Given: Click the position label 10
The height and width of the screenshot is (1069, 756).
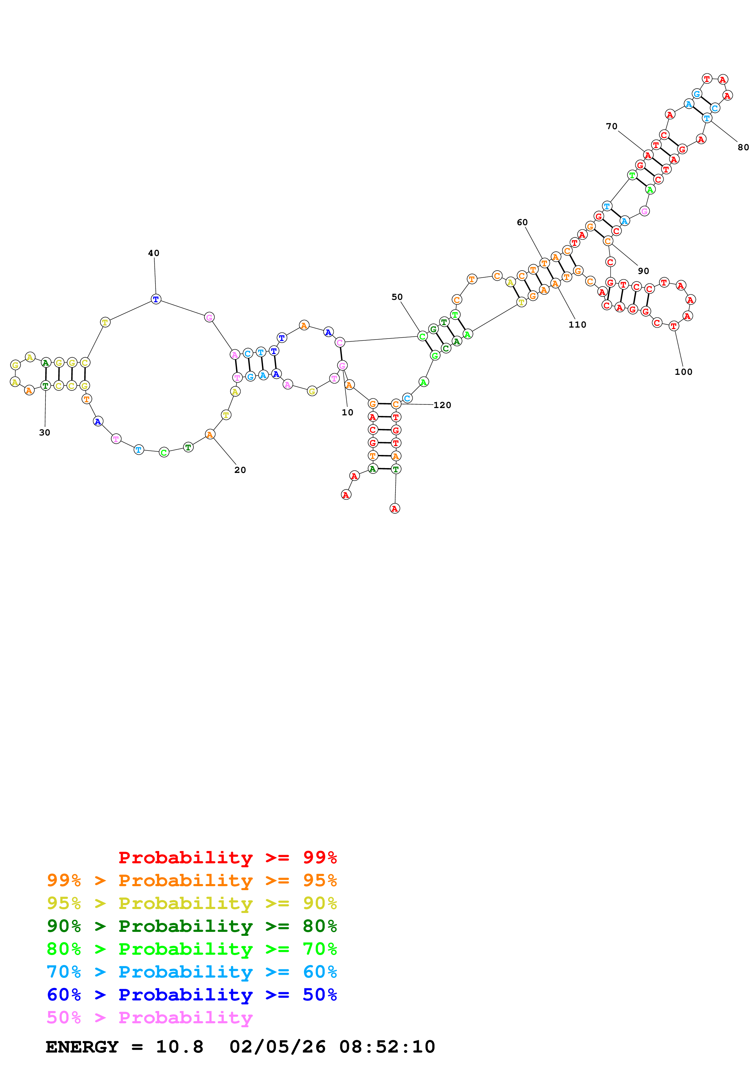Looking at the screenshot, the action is point(347,413).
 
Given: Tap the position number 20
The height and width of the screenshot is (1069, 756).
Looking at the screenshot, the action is point(240,470).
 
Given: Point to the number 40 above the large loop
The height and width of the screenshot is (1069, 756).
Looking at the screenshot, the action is point(153,253).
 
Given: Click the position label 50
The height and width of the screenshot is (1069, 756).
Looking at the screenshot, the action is point(396,297).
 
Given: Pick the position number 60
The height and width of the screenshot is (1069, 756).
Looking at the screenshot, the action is point(522,222).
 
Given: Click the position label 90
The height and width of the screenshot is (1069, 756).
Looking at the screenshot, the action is point(643,271).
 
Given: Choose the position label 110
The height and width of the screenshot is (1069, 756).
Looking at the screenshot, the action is point(577,325).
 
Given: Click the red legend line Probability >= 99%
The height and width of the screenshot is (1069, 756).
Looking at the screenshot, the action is point(227,857).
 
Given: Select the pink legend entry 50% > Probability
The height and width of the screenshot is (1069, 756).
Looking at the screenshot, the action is point(149,1017).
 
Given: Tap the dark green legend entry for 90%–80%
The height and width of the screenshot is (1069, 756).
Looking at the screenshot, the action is point(192,926).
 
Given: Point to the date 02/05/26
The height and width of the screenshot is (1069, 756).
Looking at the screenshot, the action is point(277,1047).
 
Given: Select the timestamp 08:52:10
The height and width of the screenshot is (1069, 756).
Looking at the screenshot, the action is point(387,1047).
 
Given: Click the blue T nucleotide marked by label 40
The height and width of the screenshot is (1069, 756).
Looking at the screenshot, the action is point(156,299).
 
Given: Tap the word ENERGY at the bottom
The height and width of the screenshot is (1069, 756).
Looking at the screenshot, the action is point(82,1047).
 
